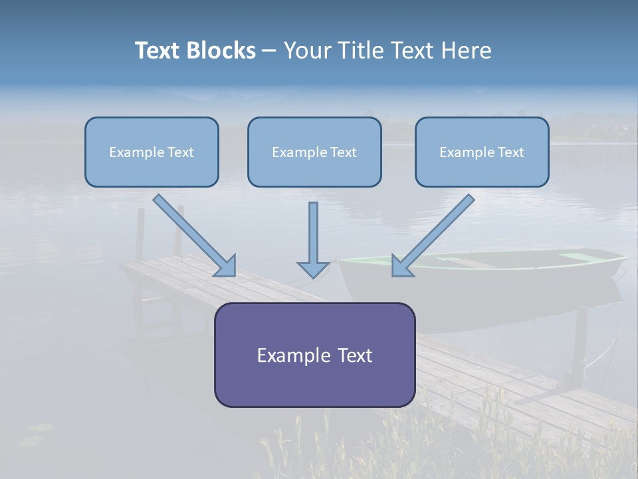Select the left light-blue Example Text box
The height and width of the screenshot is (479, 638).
[152, 152]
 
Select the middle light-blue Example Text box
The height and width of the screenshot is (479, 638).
[314, 152]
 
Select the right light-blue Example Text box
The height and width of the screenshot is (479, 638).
[482, 152]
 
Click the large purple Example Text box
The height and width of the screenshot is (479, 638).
[314, 355]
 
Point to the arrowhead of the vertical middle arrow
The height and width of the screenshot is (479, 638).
[313, 269]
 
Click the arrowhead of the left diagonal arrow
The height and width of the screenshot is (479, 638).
[226, 266]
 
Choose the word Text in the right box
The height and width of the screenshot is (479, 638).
[510, 152]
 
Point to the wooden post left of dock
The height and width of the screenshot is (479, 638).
[140, 233]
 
